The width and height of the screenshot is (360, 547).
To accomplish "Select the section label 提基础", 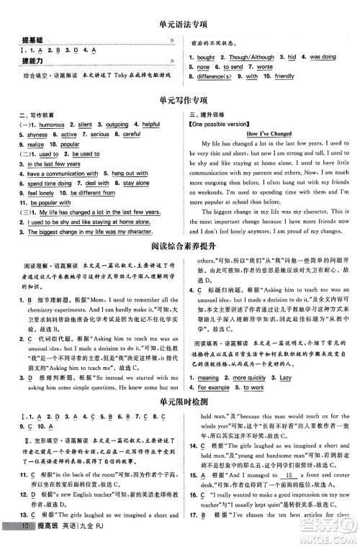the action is point(32,40).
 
